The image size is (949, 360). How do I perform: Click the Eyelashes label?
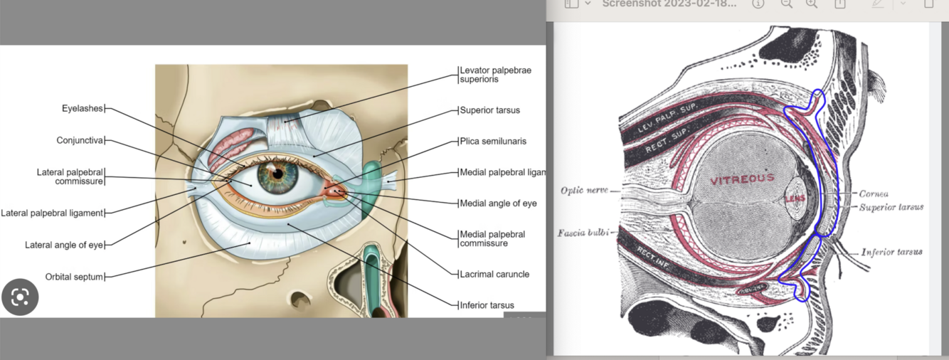pyautogui.click(x=83, y=109)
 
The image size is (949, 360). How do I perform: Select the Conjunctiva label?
pyautogui.click(x=80, y=140)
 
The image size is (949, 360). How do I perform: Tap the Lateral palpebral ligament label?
pyautogui.click(x=53, y=213)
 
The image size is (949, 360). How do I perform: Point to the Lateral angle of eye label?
pyautogui.click(x=64, y=245)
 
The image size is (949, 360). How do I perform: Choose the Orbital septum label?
pyautogui.click(x=74, y=277)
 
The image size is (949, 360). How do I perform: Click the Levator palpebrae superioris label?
pyautogui.click(x=495, y=75)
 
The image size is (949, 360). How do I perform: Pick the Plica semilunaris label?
pyautogui.click(x=493, y=141)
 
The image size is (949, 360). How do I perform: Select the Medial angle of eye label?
pyautogui.click(x=498, y=203)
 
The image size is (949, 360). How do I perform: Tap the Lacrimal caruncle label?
pyautogui.click(x=494, y=274)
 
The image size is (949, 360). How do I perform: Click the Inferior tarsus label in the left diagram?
pyautogui.click(x=487, y=305)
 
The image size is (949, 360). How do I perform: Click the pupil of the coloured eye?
pyautogui.click(x=278, y=173)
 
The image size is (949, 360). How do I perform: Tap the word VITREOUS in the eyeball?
pyautogui.click(x=742, y=179)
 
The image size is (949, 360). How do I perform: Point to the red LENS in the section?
pyautogui.click(x=794, y=198)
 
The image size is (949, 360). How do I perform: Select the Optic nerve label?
pyautogui.click(x=584, y=191)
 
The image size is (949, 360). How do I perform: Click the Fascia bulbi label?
pyautogui.click(x=583, y=233)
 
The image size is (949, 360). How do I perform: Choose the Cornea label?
pyautogui.click(x=874, y=194)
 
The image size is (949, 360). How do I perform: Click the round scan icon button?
pyautogui.click(x=20, y=297)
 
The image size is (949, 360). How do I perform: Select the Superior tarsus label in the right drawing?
pyautogui.click(x=891, y=207)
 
